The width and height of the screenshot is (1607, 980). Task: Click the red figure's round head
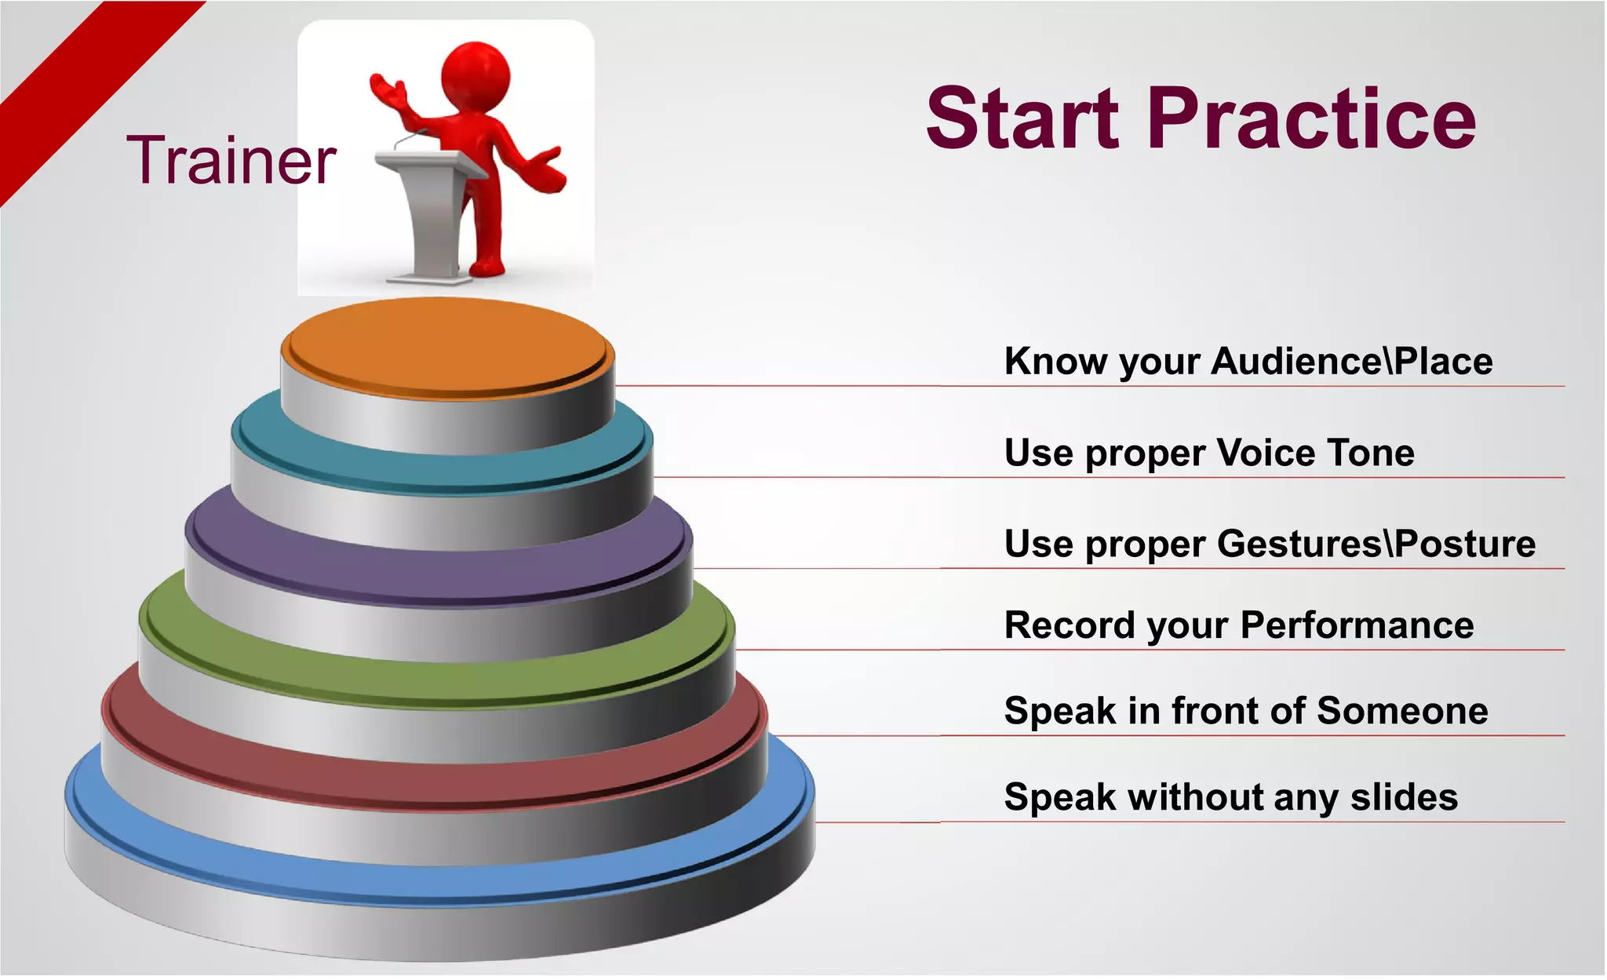[x=476, y=76]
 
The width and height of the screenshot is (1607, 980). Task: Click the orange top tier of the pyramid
[x=447, y=345]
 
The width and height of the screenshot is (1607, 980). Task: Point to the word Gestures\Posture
[x=1376, y=544]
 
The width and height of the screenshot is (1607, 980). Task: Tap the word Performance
[x=1357, y=625]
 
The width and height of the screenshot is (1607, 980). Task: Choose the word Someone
[x=1402, y=711]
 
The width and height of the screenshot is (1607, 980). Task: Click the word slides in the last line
[x=1404, y=797]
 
